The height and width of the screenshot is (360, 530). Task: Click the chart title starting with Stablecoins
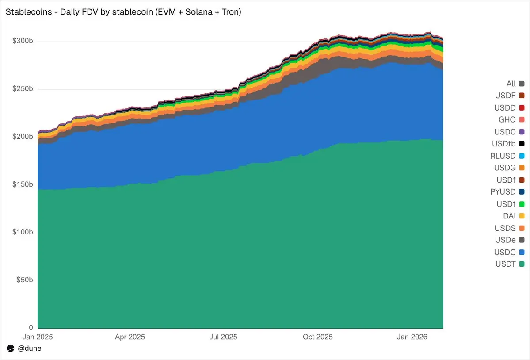123,12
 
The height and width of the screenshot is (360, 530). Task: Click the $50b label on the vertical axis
24,280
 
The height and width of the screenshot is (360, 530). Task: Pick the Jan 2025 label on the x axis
38,337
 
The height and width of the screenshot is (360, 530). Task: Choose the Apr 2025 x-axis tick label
130,337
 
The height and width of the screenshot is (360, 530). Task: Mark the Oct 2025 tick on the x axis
317,337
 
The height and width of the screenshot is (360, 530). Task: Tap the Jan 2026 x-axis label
412,337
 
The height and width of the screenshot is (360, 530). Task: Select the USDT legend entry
506,264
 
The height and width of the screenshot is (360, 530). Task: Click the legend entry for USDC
505,252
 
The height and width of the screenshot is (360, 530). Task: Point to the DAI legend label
510,216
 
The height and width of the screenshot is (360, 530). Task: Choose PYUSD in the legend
503,192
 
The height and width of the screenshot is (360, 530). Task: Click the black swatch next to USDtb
522,144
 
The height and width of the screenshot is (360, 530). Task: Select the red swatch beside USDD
522,107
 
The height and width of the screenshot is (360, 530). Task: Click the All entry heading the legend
511,84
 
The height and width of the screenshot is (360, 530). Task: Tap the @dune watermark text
29,349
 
